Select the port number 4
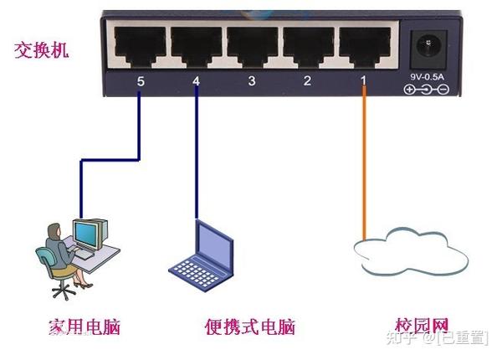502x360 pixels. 196,81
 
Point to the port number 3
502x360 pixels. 251,81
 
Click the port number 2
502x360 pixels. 307,81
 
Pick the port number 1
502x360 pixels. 363,81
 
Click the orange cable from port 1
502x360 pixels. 364,167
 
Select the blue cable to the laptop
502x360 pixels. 197,159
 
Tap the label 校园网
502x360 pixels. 422,325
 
